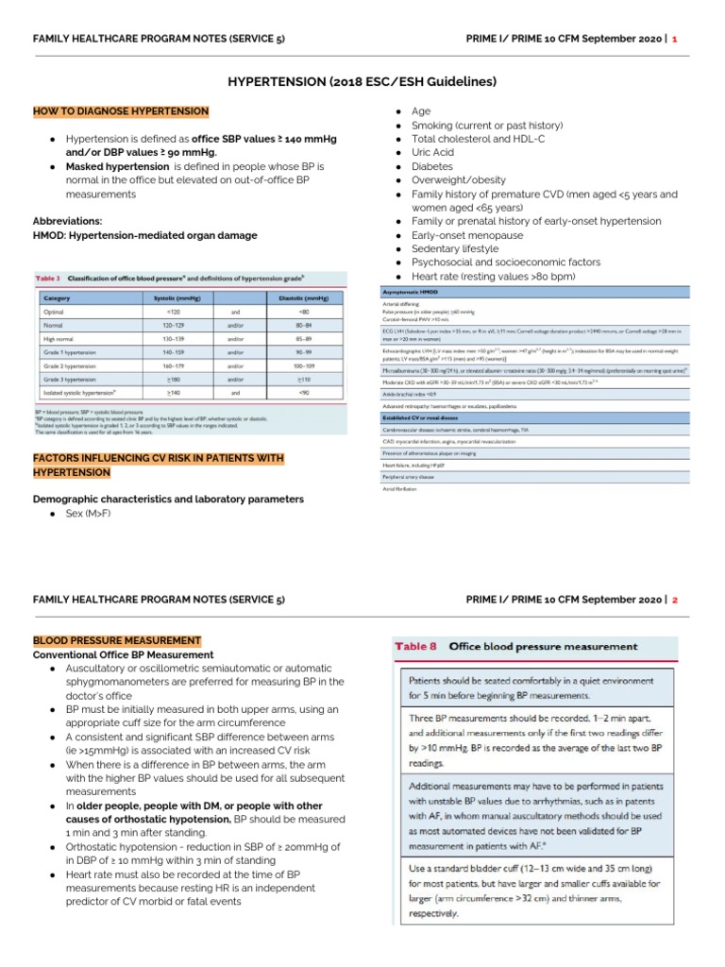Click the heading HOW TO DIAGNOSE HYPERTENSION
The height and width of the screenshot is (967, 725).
tap(121, 111)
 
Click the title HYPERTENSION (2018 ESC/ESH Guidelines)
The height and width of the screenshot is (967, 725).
tap(362, 82)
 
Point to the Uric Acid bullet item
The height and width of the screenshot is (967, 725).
tap(433, 152)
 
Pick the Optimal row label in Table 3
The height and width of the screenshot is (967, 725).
tap(56, 311)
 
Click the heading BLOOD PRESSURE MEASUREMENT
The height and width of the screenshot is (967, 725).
tap(117, 640)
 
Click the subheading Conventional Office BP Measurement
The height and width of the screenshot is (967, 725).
tap(124, 654)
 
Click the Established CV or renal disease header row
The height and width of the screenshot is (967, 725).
tap(426, 416)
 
